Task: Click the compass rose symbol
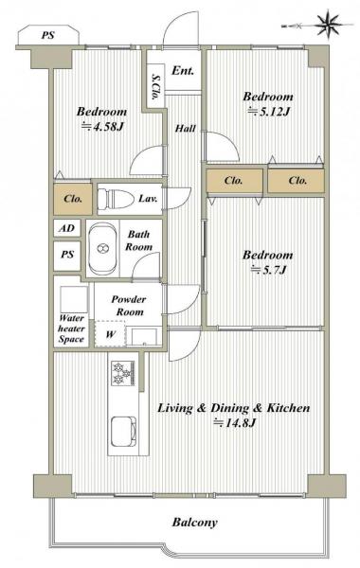tap(329, 25)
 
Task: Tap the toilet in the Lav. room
tap(115, 198)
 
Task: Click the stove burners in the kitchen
tap(123, 374)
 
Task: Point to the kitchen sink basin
tap(123, 433)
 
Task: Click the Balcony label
tap(194, 522)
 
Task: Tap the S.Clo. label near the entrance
tap(155, 87)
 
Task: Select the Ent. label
tap(183, 70)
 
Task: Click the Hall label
tap(186, 128)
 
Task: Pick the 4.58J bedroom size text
tap(104, 127)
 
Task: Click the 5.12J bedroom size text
tap(269, 111)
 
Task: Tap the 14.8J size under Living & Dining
tap(235, 423)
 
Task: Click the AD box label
tap(67, 228)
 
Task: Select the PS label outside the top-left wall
tap(47, 36)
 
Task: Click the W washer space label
tap(111, 334)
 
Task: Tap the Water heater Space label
tap(71, 328)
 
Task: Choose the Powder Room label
tap(129, 306)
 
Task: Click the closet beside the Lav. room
tap(73, 199)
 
